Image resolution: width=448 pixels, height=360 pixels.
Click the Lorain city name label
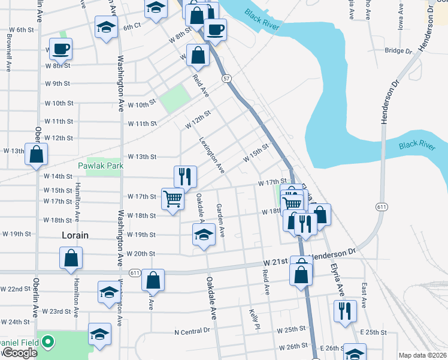(x=75, y=236)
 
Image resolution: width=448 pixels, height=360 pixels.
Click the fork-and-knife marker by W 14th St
(x=185, y=176)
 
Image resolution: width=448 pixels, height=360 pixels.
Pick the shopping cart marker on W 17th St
(x=172, y=199)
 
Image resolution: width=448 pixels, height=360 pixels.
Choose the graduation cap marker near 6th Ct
(x=107, y=27)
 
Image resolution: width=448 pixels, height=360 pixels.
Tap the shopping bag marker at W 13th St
(x=37, y=154)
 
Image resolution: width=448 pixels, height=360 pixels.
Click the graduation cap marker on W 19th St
(x=204, y=234)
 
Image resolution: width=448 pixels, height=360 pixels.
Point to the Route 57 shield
(x=226, y=78)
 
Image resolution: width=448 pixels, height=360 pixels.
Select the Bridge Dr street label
(x=399, y=51)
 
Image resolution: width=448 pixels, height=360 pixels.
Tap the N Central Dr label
(x=192, y=331)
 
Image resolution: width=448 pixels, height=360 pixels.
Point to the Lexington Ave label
(x=211, y=155)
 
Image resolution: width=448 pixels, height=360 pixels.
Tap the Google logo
(x=20, y=353)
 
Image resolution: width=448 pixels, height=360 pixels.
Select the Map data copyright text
(x=423, y=355)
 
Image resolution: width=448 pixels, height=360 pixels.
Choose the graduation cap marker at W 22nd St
(x=108, y=292)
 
